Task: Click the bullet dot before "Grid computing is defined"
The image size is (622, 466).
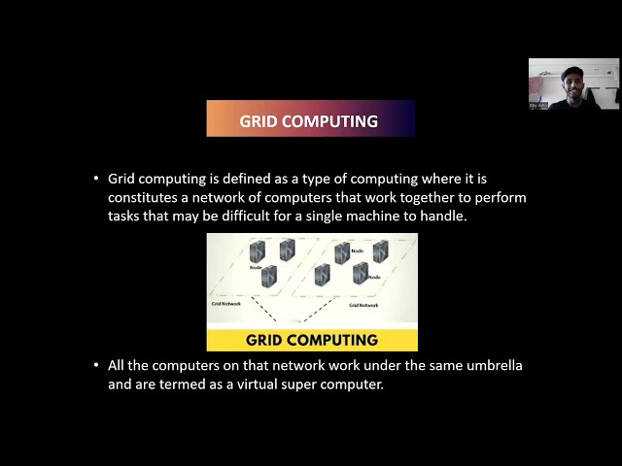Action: pos(95,179)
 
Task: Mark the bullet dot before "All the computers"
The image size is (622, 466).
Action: pos(95,365)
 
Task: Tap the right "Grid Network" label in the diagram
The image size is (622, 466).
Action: pos(363,305)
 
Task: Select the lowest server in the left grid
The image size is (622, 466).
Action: pos(269,279)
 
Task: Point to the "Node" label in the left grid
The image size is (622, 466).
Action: pos(256,267)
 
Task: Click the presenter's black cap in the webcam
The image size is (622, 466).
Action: pos(572,71)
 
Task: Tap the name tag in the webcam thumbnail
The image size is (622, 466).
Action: pos(538,105)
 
